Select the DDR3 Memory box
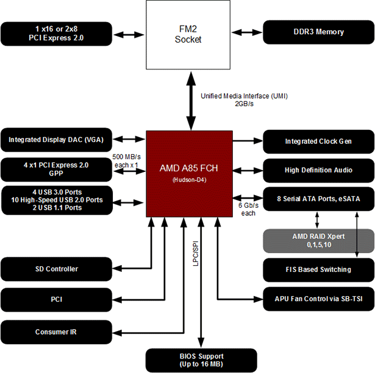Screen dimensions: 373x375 pos(318,32)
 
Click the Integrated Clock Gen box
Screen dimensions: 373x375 pos(318,141)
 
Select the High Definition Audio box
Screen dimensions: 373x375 pos(318,170)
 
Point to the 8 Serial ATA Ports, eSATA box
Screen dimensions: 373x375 pos(318,199)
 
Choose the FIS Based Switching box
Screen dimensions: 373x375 pos(318,269)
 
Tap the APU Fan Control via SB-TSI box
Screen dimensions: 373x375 pos(318,299)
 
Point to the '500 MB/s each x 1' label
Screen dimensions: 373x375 pos(126,162)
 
